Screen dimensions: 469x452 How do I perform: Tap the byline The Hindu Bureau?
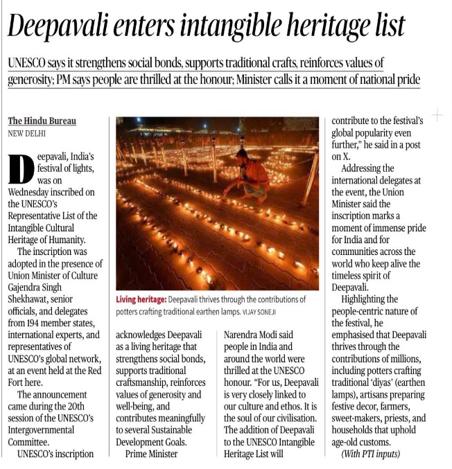42,121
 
